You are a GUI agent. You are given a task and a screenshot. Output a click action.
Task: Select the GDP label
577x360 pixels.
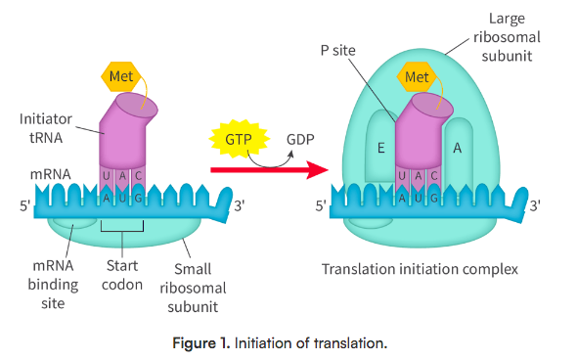pos(299,140)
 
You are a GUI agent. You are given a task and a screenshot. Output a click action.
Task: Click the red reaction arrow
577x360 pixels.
pos(268,170)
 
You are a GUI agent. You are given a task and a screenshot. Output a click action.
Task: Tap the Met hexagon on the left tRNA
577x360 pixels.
pos(120,75)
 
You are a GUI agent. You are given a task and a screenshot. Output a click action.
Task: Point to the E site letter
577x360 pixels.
pos(381,149)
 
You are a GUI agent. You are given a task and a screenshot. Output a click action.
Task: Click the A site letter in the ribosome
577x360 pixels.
pos(457,148)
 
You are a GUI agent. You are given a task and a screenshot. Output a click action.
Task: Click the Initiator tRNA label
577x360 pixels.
pos(46,127)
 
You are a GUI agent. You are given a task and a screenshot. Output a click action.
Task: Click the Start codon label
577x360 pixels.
pos(122,275)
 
